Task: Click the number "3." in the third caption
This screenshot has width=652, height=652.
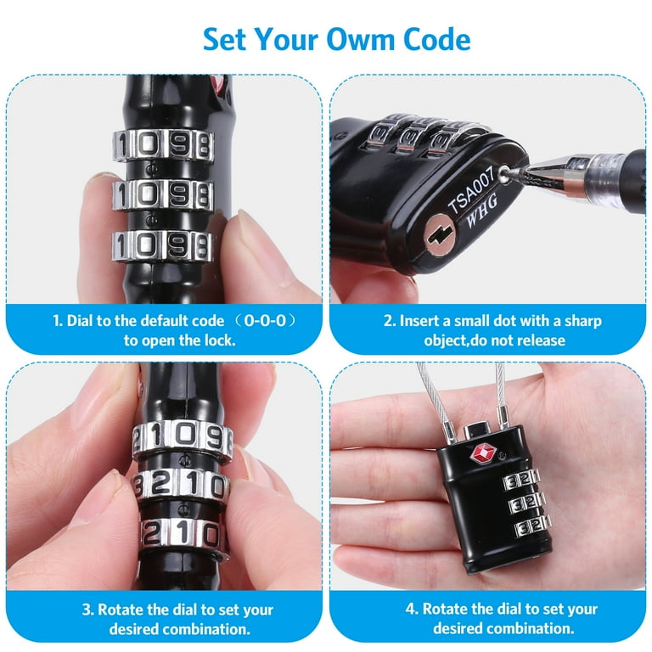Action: point(87,610)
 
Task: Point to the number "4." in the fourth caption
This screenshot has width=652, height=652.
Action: point(412,610)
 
